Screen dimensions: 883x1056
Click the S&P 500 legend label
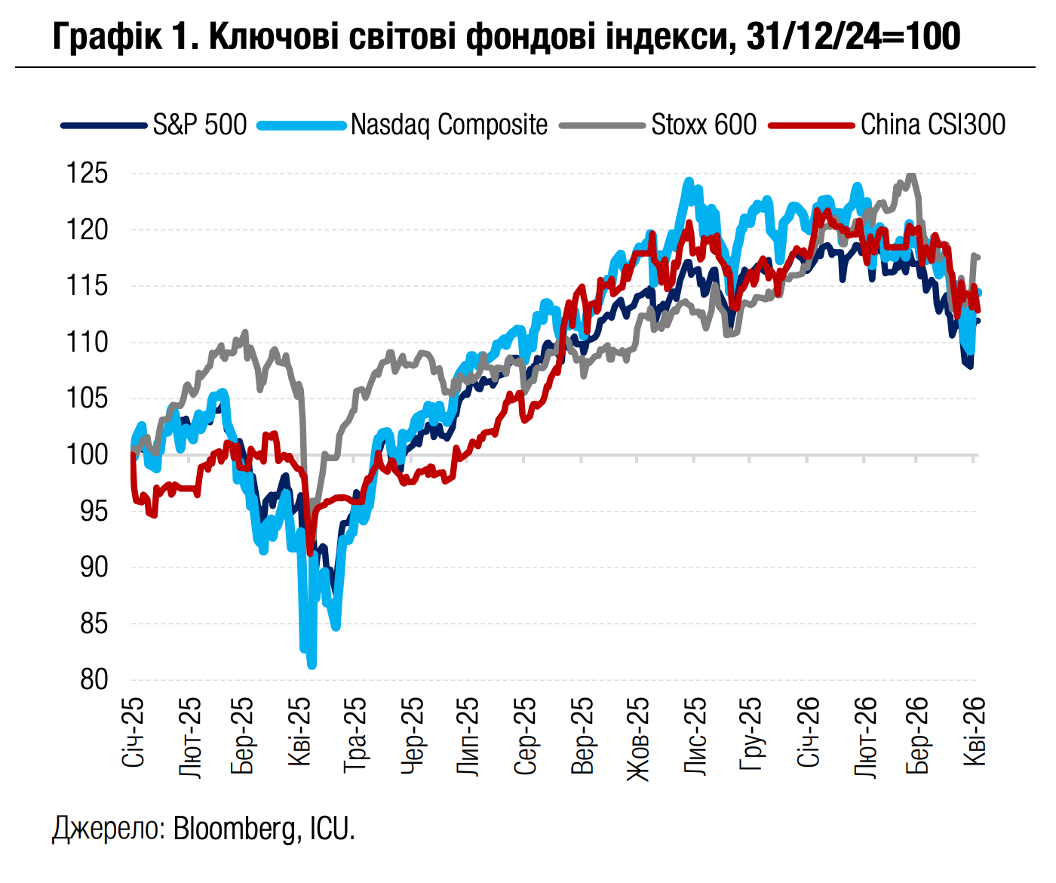tap(200, 125)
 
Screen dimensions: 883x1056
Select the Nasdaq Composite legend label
tap(450, 125)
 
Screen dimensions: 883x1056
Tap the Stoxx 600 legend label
tap(704, 125)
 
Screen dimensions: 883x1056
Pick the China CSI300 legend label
tap(933, 125)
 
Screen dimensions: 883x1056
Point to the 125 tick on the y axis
tap(87, 174)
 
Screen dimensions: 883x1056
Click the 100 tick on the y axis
tap(87, 455)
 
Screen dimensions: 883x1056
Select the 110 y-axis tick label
tap(87, 343)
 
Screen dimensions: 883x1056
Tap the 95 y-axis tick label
tap(94, 512)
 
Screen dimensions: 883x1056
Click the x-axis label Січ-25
tap(133, 731)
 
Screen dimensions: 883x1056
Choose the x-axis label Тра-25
tap(355, 733)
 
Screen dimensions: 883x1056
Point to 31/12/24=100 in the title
tap(852, 36)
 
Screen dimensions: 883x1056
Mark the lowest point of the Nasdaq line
tap(312, 666)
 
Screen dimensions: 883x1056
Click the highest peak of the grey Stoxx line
tap(912, 175)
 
